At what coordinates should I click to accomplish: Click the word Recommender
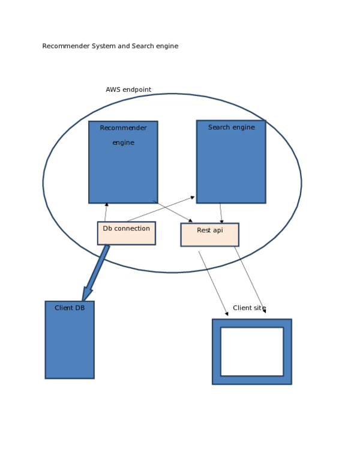pyautogui.click(x=123, y=128)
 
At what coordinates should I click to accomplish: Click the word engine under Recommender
pyautogui.click(x=123, y=143)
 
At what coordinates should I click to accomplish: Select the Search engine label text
pyautogui.click(x=231, y=127)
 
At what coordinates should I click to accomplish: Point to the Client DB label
pyautogui.click(x=70, y=308)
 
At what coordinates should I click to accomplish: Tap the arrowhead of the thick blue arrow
pyautogui.click(x=87, y=294)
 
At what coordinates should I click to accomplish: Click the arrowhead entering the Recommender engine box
pyautogui.click(x=107, y=205)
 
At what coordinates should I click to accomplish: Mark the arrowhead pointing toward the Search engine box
pyautogui.click(x=192, y=197)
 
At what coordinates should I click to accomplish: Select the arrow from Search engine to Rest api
pyautogui.click(x=221, y=213)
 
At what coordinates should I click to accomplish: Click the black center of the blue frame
pyautogui.click(x=251, y=351)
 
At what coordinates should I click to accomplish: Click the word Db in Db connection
pyautogui.click(x=107, y=229)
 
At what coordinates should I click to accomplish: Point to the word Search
pyautogui.click(x=219, y=127)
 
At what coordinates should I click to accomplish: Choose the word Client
pyautogui.click(x=64, y=308)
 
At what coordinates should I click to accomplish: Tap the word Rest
pyautogui.click(x=203, y=231)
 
